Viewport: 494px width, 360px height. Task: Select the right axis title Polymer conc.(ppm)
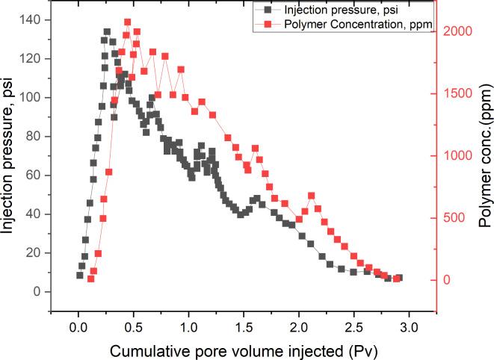click(484, 155)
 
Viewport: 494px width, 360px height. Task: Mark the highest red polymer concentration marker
click(127, 22)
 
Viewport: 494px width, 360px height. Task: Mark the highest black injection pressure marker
click(107, 32)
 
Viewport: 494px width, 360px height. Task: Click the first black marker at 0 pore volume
click(80, 275)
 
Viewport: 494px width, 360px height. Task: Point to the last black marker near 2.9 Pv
click(398, 278)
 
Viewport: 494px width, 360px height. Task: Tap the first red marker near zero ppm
click(91, 279)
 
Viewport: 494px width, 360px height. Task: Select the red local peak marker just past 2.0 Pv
click(311, 196)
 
